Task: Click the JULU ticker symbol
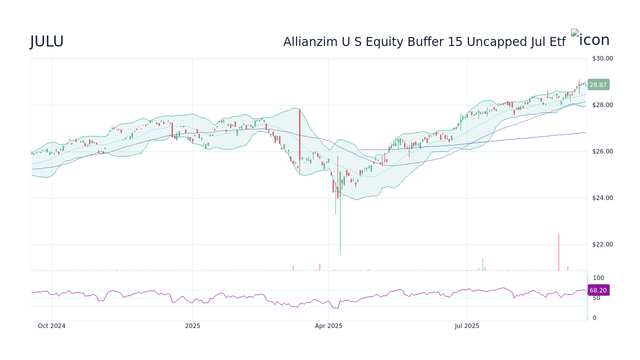[x=46, y=42]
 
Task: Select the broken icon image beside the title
[x=575, y=33]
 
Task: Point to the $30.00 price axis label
[x=602, y=58]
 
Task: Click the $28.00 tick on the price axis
[x=602, y=105]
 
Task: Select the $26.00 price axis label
[x=602, y=151]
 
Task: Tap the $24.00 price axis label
[x=602, y=198]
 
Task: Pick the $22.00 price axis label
[x=602, y=244]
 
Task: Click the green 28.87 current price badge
[x=598, y=85]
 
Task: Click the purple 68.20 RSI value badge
[x=598, y=290]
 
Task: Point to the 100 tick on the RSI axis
[x=598, y=278]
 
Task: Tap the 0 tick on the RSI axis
[x=594, y=318]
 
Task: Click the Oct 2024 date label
[x=51, y=326]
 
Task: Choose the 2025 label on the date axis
[x=192, y=326]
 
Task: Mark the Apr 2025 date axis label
[x=328, y=326]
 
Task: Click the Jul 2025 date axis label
[x=467, y=326]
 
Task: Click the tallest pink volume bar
[x=558, y=252]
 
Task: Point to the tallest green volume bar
[x=482, y=264]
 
